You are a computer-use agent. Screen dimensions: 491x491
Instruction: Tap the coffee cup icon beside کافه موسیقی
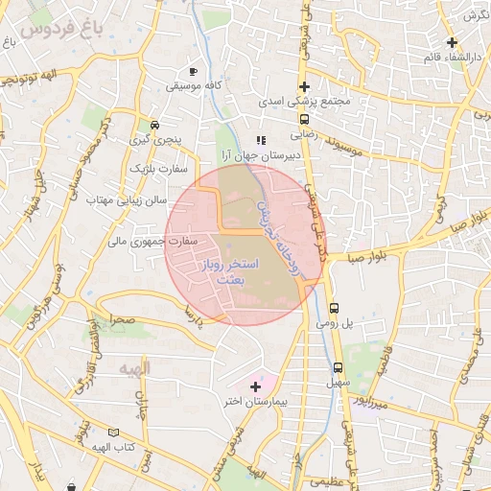pyautogui.click(x=194, y=71)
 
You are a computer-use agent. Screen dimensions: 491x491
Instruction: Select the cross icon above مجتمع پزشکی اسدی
pyautogui.click(x=304, y=86)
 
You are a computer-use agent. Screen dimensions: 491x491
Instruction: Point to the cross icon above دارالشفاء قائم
pyautogui.click(x=452, y=42)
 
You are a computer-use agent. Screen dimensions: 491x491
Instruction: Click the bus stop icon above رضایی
pyautogui.click(x=304, y=120)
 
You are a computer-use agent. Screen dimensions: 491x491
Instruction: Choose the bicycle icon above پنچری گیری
pyautogui.click(x=154, y=125)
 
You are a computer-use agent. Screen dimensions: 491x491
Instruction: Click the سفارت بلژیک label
pyautogui.click(x=159, y=169)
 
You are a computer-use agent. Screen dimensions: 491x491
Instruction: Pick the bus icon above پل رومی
pyautogui.click(x=334, y=309)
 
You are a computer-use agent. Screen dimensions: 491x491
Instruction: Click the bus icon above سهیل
pyautogui.click(x=338, y=367)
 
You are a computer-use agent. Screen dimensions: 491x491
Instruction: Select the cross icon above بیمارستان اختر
pyautogui.click(x=254, y=386)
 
